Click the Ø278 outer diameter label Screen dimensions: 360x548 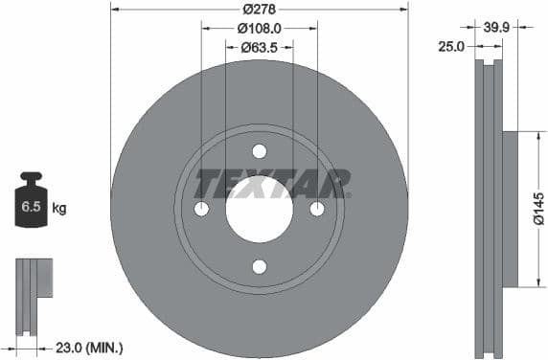259,10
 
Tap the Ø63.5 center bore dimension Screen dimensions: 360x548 259,45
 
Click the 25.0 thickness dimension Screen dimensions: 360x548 451,45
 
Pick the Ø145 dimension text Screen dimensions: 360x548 537,209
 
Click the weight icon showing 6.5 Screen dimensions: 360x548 33,201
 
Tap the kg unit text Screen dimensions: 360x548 59,207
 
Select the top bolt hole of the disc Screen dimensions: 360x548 260,151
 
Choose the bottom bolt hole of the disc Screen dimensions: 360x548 260,266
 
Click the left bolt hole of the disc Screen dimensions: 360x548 202,209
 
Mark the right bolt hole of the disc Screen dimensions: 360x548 317,209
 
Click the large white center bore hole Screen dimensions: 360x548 260,209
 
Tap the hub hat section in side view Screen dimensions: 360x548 508,209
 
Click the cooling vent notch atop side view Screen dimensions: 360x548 489,64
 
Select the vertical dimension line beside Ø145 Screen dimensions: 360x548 525,209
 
